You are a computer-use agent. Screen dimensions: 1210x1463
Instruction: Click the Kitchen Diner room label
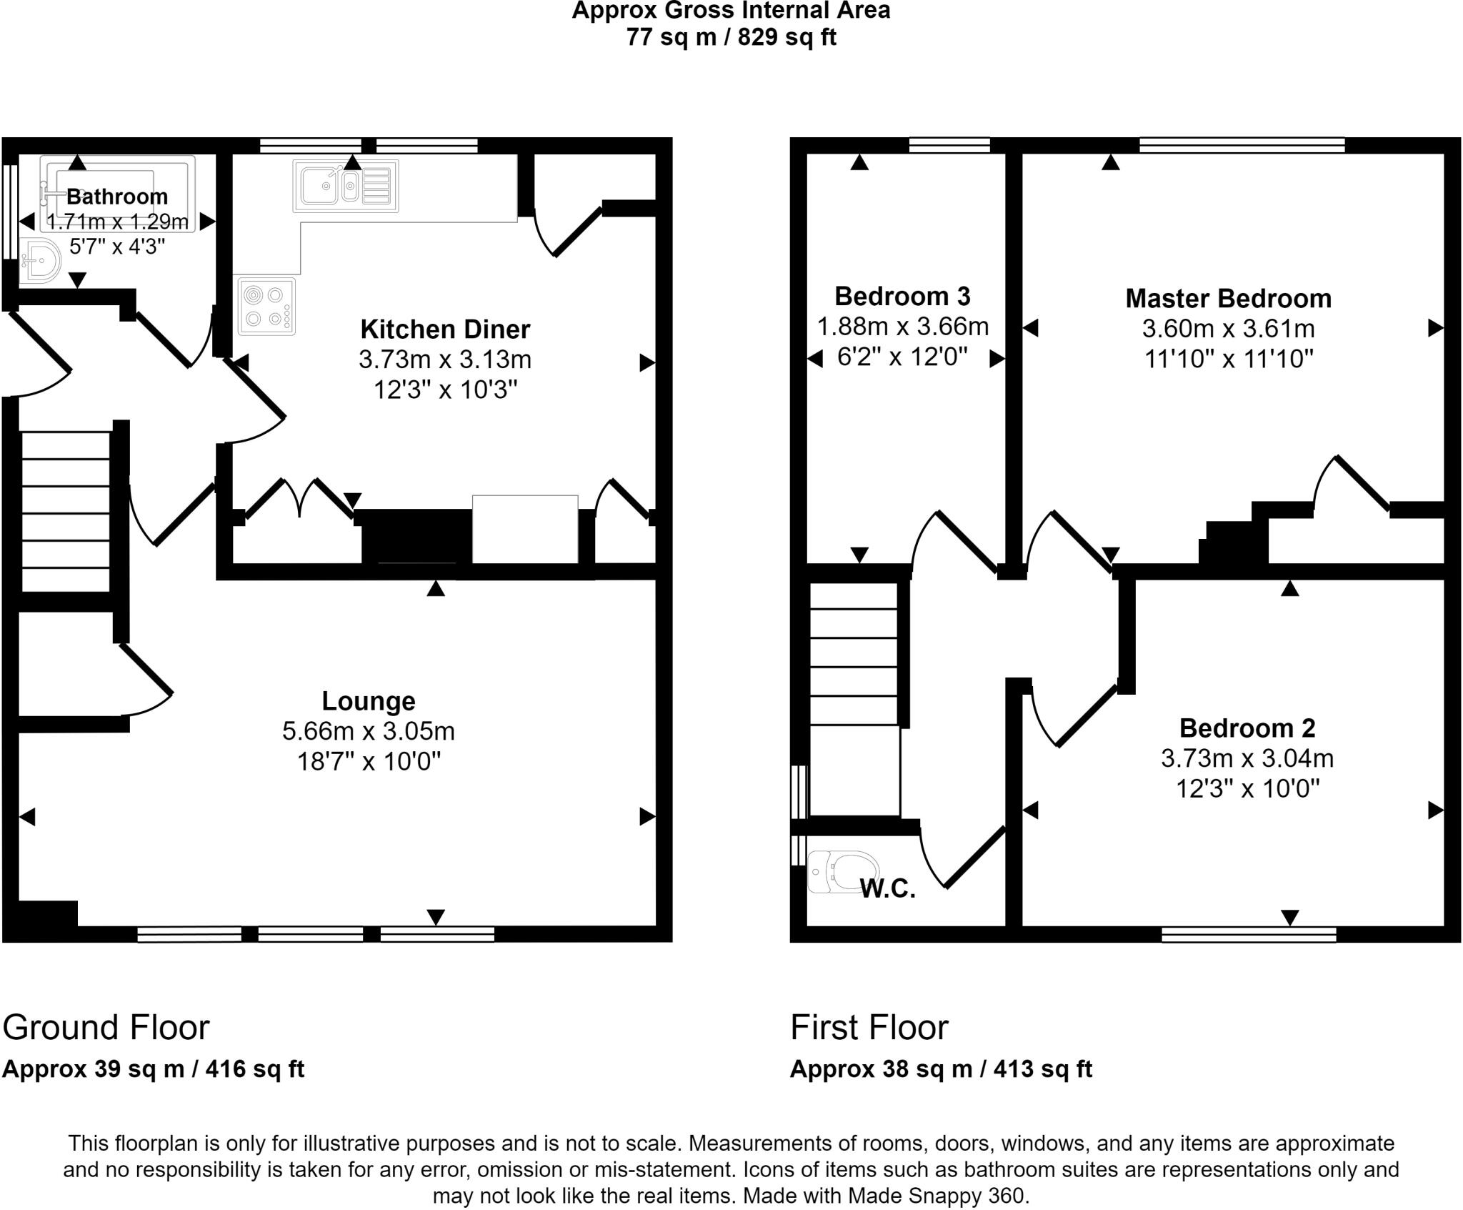(x=445, y=329)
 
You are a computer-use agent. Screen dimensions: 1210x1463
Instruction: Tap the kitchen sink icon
(x=345, y=186)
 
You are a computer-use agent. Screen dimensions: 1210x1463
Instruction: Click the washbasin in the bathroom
(x=40, y=262)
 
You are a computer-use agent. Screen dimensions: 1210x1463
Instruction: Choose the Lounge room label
(x=368, y=701)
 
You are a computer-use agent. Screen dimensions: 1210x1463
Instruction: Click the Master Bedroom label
(x=1228, y=299)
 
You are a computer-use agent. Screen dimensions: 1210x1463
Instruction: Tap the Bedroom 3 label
(x=902, y=296)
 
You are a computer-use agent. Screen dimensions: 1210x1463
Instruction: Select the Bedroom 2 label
(x=1247, y=728)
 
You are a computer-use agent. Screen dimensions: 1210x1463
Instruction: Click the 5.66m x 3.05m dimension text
(x=368, y=731)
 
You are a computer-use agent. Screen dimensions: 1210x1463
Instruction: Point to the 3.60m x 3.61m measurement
(x=1228, y=329)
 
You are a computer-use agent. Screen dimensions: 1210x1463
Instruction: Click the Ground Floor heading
(x=106, y=1028)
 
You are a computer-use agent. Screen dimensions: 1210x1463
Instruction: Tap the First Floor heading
(x=869, y=1028)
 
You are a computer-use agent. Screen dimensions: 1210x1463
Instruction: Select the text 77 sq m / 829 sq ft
(x=731, y=36)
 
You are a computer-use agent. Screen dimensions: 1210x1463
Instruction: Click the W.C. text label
(x=887, y=888)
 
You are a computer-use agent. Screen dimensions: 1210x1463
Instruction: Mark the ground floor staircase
(x=65, y=511)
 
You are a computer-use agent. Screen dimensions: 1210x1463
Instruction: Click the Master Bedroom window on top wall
(x=1242, y=146)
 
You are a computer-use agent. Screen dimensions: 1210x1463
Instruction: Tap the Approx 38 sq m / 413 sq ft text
(x=941, y=1069)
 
